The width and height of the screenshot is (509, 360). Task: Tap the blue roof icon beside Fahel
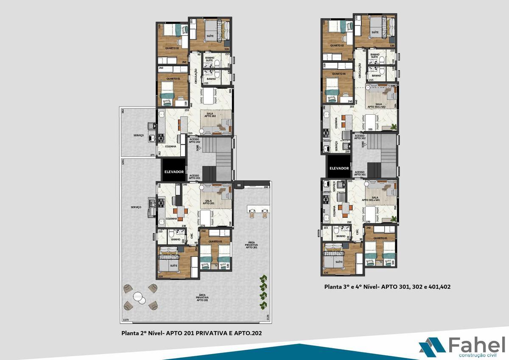click(432, 345)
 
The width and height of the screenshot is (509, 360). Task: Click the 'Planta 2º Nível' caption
click(191, 333)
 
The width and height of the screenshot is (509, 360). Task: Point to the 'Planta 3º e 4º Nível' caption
click(387, 287)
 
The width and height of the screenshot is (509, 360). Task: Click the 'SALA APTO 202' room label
click(210, 115)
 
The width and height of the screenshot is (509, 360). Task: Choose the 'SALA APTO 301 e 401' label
click(371, 199)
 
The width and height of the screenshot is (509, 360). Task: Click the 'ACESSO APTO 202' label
click(195, 140)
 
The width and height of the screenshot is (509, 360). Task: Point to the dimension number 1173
click(126, 319)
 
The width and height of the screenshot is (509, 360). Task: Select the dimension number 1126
click(268, 318)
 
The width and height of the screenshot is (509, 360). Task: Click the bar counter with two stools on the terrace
click(258, 209)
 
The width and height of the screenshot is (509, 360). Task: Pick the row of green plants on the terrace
click(264, 292)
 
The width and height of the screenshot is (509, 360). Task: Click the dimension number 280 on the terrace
click(266, 187)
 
